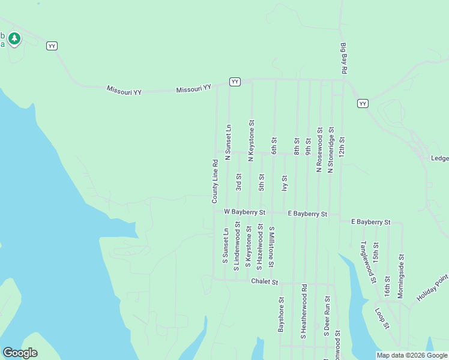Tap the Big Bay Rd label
344,58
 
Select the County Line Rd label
214,181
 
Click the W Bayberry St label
244,212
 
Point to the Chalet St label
265,281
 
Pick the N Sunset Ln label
228,142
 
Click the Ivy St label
285,183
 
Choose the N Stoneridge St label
330,150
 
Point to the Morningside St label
401,275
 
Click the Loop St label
382,319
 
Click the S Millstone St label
271,247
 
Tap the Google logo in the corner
20,353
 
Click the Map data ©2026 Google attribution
412,355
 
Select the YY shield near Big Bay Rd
363,104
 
